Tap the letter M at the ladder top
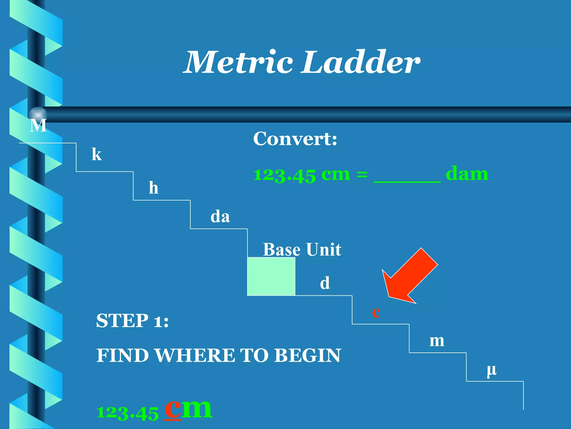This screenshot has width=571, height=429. click(38, 125)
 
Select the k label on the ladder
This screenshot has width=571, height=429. click(97, 154)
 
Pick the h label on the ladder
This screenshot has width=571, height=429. click(154, 188)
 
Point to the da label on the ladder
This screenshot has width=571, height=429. click(220, 217)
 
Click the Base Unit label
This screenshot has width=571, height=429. click(302, 249)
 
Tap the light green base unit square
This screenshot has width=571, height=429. click(271, 276)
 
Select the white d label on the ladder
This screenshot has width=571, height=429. click(325, 283)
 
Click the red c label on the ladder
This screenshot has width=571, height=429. click(376, 312)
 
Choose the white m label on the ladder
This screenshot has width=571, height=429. click(437, 341)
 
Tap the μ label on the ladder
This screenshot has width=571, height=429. click(492, 370)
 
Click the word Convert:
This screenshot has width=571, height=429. click(295, 139)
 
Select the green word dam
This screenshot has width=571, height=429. click(467, 174)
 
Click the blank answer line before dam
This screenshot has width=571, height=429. click(407, 179)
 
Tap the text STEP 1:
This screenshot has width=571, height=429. click(132, 320)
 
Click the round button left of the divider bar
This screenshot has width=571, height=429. click(38, 115)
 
